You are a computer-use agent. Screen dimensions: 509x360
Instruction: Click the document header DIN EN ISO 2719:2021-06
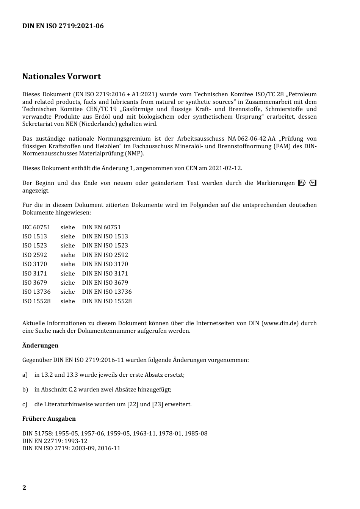[x=63, y=26]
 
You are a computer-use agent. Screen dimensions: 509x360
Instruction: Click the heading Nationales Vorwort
[x=61, y=77]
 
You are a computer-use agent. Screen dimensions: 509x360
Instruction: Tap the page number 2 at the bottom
[x=24, y=488]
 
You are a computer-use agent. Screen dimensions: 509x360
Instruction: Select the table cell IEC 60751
[x=36, y=227]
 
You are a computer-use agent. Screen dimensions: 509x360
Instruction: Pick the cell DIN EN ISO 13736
[x=107, y=292]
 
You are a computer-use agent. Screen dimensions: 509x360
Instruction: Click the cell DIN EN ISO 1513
[x=105, y=236]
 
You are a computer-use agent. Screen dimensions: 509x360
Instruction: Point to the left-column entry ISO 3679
[x=34, y=283]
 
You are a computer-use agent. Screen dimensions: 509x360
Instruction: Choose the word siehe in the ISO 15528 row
[x=68, y=301]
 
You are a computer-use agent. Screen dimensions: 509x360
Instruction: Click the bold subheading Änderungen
[x=40, y=346]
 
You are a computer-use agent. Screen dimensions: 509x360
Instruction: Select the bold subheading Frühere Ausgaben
[x=49, y=419]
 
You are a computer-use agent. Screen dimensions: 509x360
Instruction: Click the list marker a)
[x=25, y=375]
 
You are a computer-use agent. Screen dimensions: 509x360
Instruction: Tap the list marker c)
[x=25, y=404]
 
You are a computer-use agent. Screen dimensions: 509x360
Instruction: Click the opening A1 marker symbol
[x=302, y=183]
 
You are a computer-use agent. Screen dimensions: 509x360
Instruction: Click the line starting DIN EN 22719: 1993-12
[x=55, y=441]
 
